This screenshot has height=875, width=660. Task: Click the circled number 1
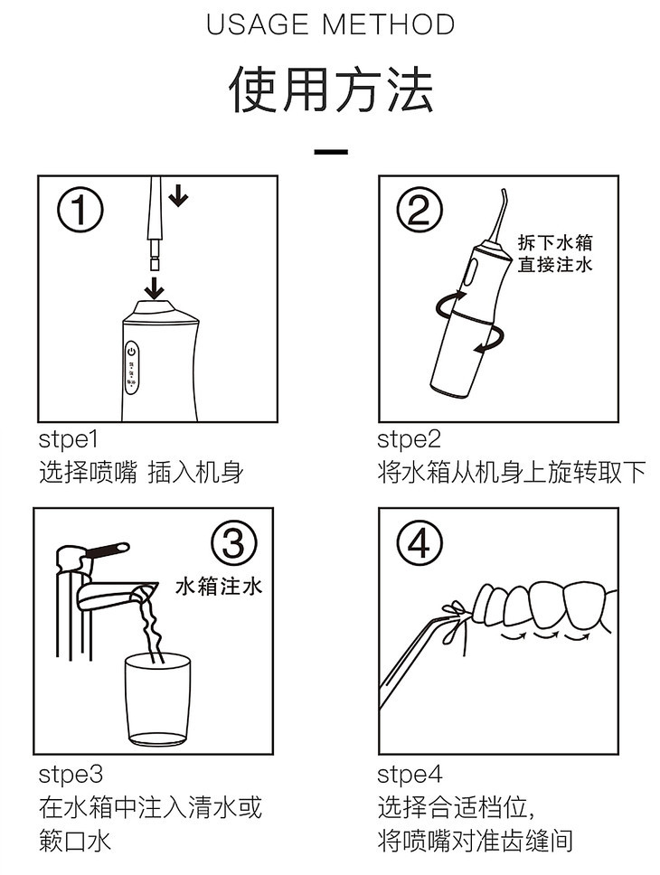click(x=81, y=210)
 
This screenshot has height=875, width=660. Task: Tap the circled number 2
click(x=419, y=211)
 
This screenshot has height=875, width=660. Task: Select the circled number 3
click(x=234, y=542)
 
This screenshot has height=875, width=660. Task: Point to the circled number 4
click(x=420, y=542)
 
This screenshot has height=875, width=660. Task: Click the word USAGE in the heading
click(x=258, y=24)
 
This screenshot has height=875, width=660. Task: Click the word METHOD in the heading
click(x=389, y=24)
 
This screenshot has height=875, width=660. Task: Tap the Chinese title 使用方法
click(x=331, y=89)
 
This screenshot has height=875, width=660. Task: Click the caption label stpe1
click(x=68, y=439)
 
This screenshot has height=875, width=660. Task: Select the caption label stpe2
click(x=409, y=439)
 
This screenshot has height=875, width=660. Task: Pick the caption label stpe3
click(x=71, y=775)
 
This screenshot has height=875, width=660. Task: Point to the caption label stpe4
click(x=410, y=775)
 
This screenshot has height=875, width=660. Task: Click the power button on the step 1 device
click(x=132, y=353)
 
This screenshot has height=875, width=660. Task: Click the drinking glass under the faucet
click(x=158, y=700)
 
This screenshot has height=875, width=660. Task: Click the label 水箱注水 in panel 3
click(x=219, y=587)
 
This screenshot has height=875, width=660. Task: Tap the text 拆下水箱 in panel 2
click(x=554, y=243)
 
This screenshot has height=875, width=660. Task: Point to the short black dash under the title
click(x=331, y=152)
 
